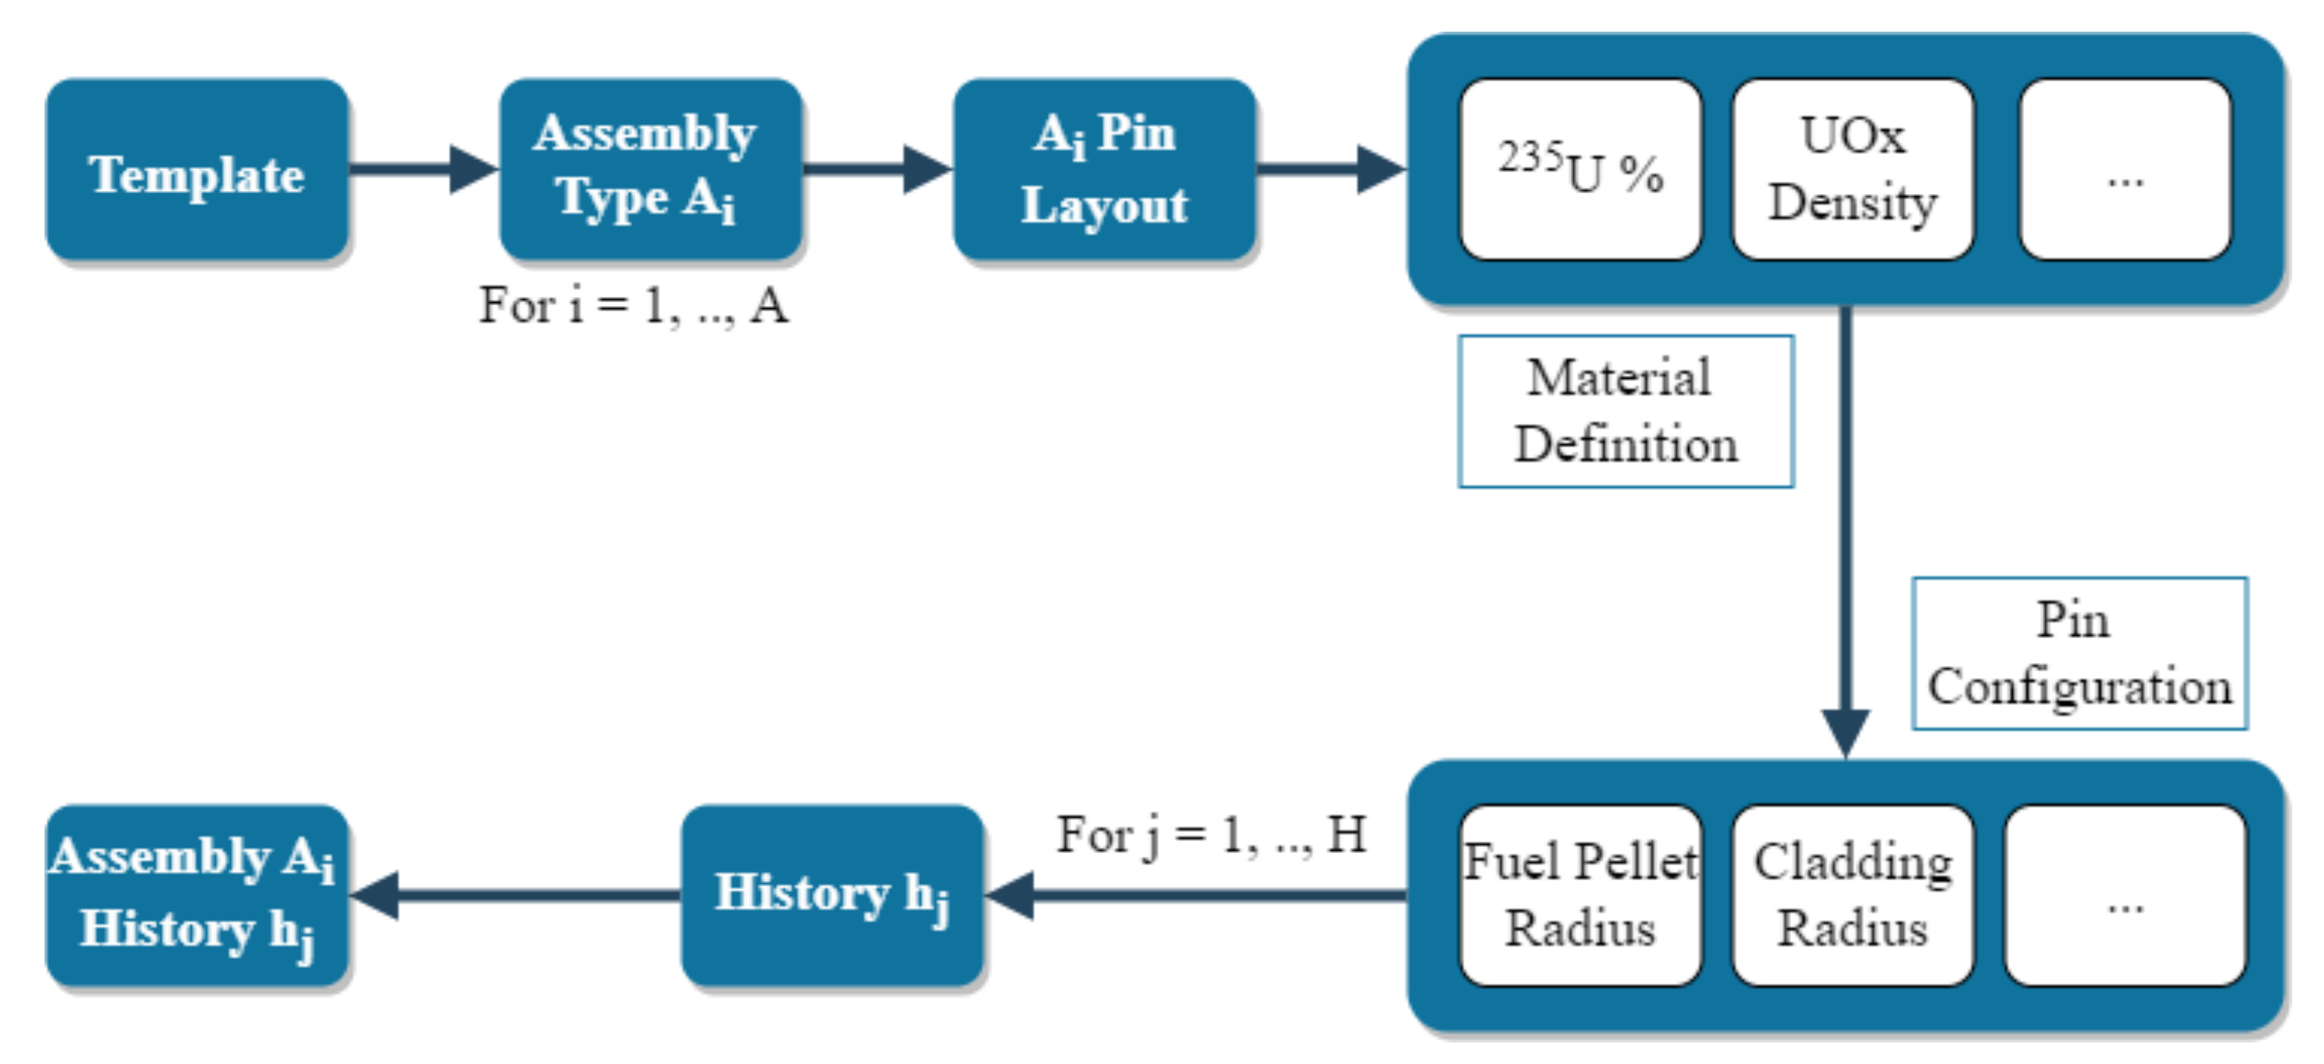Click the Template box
click(197, 170)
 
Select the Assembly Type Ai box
click(650, 170)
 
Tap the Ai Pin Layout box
click(1104, 170)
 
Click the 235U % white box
click(1580, 170)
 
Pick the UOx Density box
click(1853, 170)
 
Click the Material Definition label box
click(1626, 412)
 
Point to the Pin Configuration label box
click(2079, 654)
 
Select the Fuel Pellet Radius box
click(1580, 896)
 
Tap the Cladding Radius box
click(1853, 896)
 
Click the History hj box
click(832, 896)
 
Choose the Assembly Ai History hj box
click(197, 896)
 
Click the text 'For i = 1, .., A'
click(633, 305)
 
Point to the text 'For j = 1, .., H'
click(1212, 834)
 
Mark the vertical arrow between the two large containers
click(1846, 532)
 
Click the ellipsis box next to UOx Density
click(2126, 170)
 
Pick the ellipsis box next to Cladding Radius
click(2126, 896)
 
